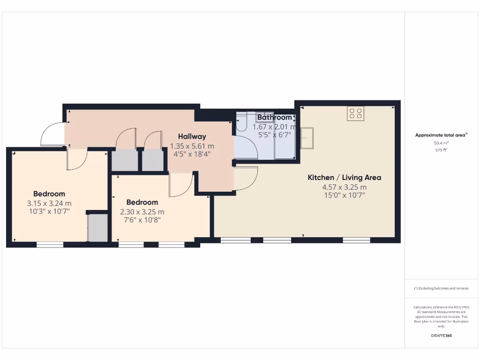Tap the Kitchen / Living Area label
tap(344, 178)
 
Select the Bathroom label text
tap(274, 118)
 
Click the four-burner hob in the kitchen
tap(355, 113)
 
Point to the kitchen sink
tap(307, 139)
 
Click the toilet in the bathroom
tap(241, 122)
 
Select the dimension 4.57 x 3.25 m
tap(344, 187)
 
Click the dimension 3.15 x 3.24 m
tap(49, 203)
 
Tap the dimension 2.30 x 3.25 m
tap(142, 211)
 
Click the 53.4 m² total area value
tap(441, 143)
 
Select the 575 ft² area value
tap(441, 150)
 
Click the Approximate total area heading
tap(441, 135)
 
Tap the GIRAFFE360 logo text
tap(441, 336)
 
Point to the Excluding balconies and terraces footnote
tap(441, 288)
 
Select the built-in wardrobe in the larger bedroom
tap(98, 228)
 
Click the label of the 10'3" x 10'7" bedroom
tap(49, 194)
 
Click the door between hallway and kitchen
tap(246, 179)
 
